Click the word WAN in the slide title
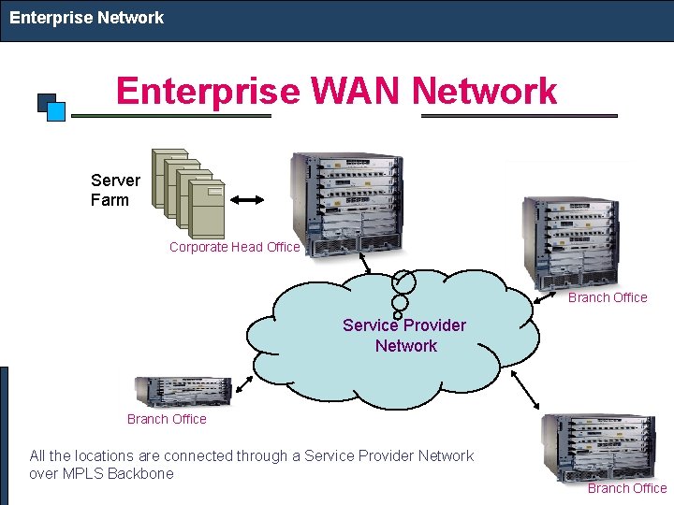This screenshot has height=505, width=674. point(356,92)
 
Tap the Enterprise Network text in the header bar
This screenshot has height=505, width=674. point(86,18)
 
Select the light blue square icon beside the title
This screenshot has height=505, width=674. point(56,111)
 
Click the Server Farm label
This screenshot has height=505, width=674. point(115,190)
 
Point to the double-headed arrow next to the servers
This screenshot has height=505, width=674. point(248,199)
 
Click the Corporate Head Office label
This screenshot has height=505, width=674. point(234,248)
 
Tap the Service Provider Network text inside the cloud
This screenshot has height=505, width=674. point(404,336)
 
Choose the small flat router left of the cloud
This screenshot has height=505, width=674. point(183,391)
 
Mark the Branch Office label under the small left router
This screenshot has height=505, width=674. point(167,419)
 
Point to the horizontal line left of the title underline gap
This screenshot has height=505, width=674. point(171,116)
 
